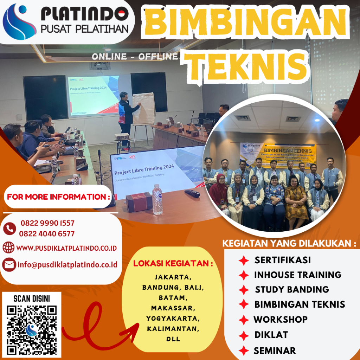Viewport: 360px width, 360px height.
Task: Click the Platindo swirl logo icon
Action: pyautogui.click(x=19, y=22)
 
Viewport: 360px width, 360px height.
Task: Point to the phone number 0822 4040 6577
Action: pyautogui.click(x=47, y=233)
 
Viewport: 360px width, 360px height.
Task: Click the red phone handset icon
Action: pyautogui.click(x=9, y=229)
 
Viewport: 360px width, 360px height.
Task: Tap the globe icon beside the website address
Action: pyautogui.click(x=8, y=248)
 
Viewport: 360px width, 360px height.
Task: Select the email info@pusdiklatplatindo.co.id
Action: pyautogui.click(x=67, y=265)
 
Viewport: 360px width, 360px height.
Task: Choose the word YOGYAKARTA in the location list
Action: pyautogui.click(x=173, y=319)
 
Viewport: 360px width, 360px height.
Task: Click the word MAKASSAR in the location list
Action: pyautogui.click(x=173, y=308)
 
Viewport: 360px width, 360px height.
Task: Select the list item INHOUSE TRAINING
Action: pyautogui.click(x=298, y=275)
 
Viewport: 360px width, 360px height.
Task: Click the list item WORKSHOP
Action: pyautogui.click(x=281, y=320)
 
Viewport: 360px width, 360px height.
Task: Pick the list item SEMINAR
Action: pyautogui.click(x=275, y=351)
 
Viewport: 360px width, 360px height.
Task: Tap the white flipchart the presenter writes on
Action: pyautogui.click(x=143, y=109)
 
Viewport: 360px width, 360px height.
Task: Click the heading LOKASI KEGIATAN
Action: pyautogui.click(x=173, y=264)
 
